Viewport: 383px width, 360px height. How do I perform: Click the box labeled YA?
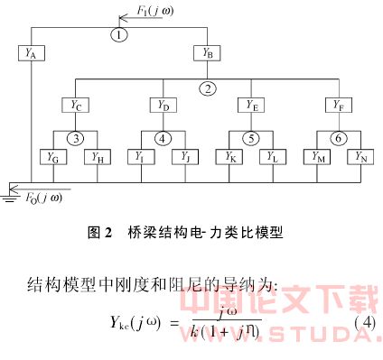31,54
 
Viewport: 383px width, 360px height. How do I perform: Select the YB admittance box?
207,54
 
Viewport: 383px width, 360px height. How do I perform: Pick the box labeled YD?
163,106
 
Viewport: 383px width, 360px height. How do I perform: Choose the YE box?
250,106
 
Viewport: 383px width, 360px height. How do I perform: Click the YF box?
337,106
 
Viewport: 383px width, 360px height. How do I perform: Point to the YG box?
52,157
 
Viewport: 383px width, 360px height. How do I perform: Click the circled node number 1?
120,34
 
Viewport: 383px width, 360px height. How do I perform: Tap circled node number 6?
337,139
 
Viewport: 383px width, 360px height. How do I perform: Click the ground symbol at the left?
10,191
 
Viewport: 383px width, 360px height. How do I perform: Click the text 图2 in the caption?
100,232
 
